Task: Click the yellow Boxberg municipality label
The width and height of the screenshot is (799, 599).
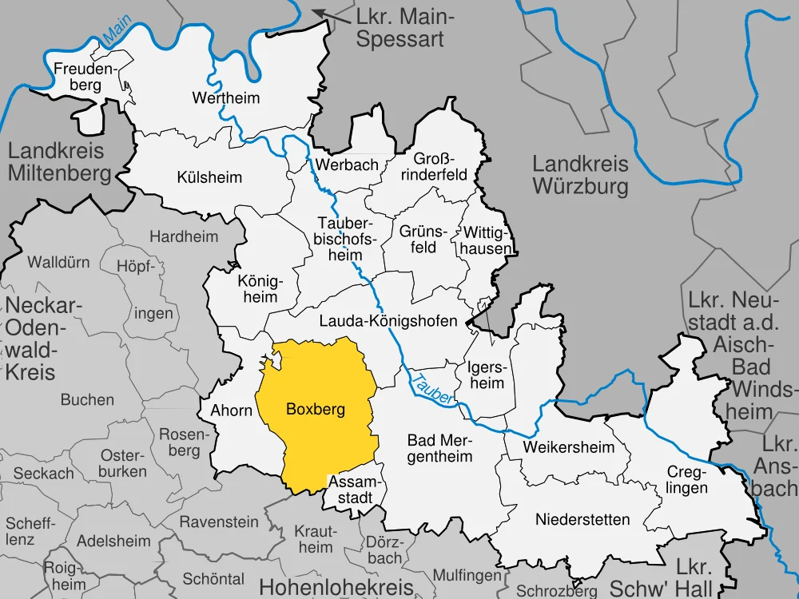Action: (x=315, y=410)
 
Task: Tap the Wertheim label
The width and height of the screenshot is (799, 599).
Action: (x=226, y=98)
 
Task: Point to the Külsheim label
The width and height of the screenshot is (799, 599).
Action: (x=209, y=177)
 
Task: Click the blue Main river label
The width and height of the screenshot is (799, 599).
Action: (x=116, y=33)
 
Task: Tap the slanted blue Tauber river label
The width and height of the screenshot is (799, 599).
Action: (x=433, y=387)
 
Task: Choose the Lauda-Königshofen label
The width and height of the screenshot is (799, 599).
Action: (x=388, y=321)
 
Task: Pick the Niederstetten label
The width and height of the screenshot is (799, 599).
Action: (x=582, y=520)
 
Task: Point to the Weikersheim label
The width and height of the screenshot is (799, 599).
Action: (x=568, y=447)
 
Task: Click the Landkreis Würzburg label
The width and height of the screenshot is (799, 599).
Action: (x=580, y=176)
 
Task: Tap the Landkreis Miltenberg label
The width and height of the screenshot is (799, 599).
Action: (x=59, y=161)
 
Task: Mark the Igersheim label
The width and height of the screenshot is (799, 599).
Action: (x=486, y=375)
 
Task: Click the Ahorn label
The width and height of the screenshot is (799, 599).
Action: (x=232, y=411)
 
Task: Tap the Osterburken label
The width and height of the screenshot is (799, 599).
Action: (x=124, y=463)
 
